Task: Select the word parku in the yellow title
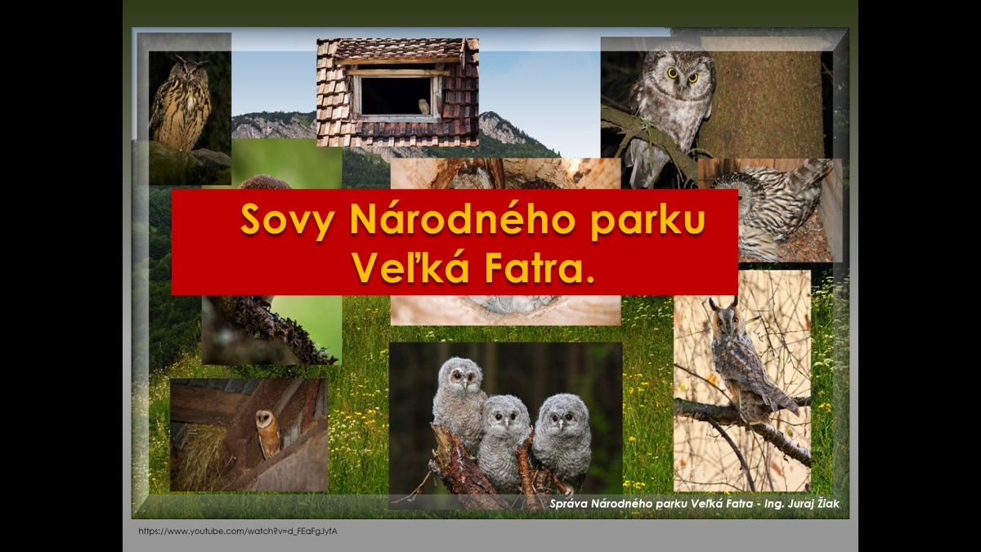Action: pos(647,221)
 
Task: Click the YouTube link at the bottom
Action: pos(238,532)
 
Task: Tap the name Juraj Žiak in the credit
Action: pos(813,504)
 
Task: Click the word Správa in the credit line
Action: pos(569,505)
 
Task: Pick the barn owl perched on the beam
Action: pos(267,433)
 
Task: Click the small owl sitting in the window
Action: pos(423,106)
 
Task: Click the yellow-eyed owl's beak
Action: pos(683,82)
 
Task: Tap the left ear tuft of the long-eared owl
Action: pos(714,303)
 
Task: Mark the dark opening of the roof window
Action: pos(395,96)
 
